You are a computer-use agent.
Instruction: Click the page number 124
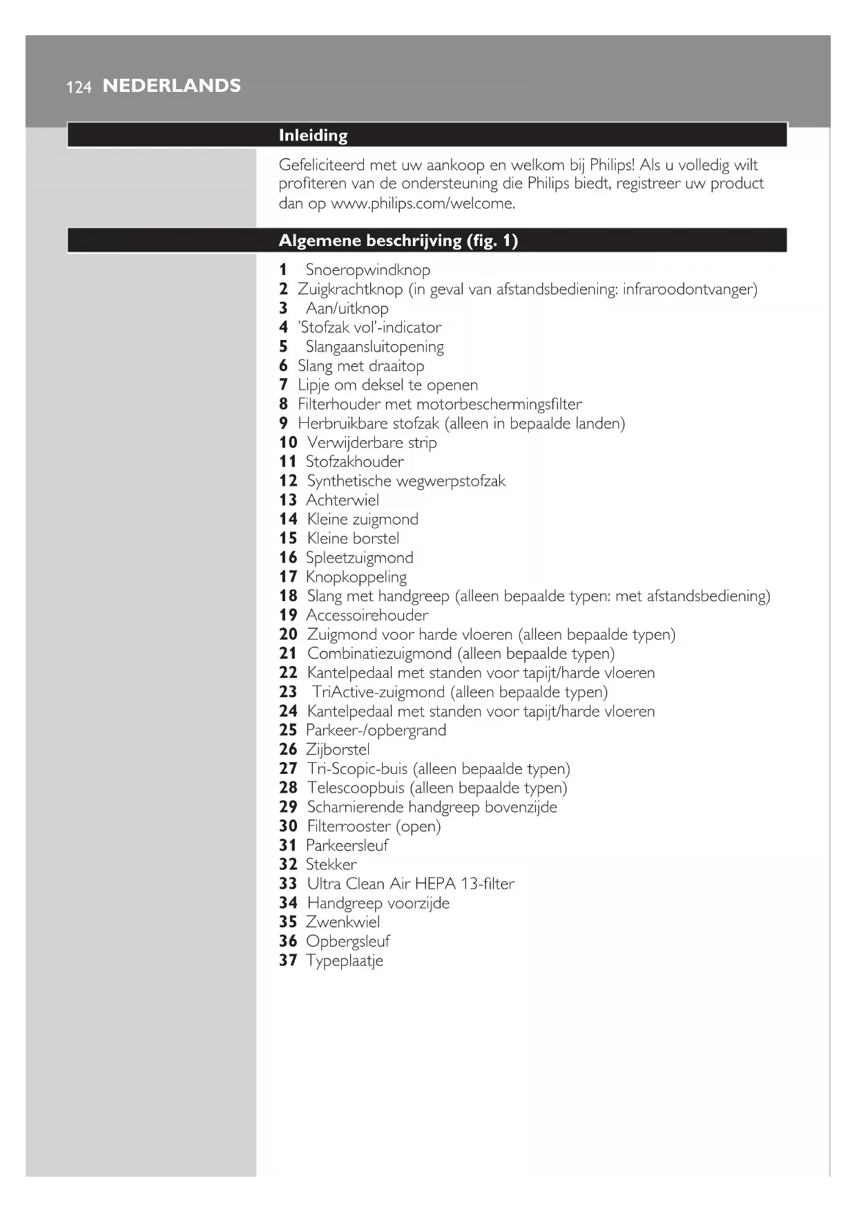pos(79,87)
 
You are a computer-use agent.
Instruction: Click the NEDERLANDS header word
pos(171,86)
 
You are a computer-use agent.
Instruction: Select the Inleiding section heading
pos(313,135)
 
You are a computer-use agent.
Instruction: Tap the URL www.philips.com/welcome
pos(423,203)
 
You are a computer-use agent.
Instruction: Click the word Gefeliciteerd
pos(322,165)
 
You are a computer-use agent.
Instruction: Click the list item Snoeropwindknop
pos(367,269)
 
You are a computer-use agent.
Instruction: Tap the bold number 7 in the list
pos(283,385)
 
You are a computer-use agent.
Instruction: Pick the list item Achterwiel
pos(342,500)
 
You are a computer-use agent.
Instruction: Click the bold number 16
pos(288,558)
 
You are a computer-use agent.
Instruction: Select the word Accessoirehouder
pos(367,615)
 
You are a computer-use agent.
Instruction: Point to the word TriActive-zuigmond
pos(378,692)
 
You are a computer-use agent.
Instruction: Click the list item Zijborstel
pos(338,750)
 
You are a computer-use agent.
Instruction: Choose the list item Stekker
pos(331,864)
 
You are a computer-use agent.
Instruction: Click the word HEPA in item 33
pos(435,884)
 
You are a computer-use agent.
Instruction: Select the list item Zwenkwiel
pos(343,922)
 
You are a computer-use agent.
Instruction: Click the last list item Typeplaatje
pos(344,960)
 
